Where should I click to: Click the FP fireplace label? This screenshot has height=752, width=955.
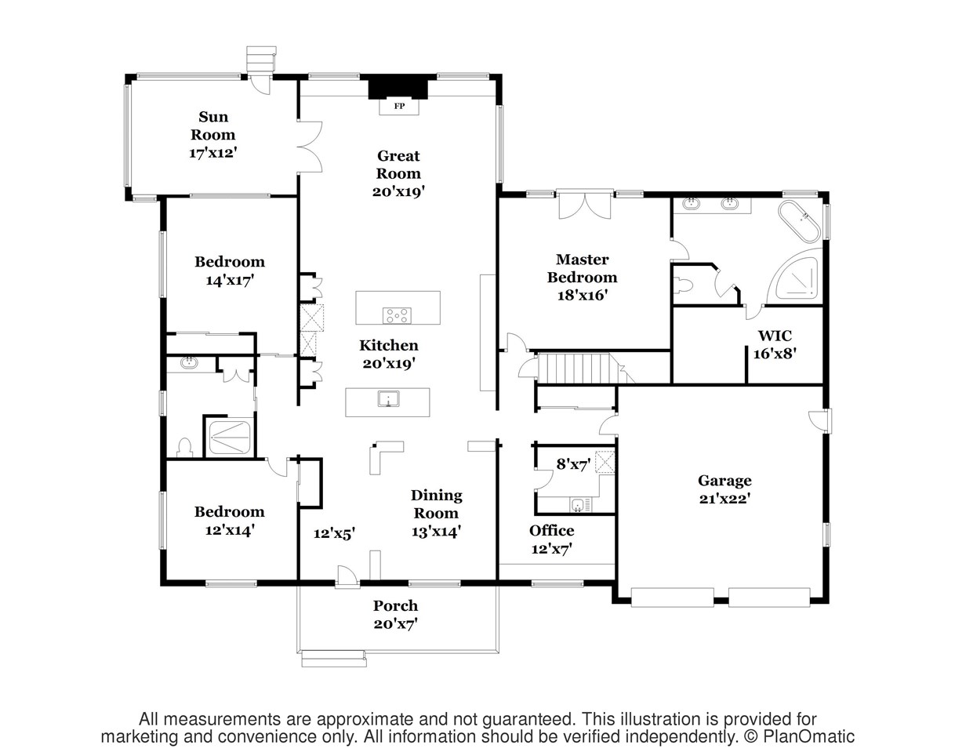click(399, 107)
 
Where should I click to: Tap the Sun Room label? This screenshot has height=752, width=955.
click(213, 125)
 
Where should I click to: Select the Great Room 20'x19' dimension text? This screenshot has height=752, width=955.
click(398, 192)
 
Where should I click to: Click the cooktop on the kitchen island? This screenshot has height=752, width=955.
click(397, 316)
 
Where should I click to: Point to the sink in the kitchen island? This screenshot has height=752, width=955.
click(388, 398)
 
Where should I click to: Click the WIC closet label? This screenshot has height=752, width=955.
click(775, 336)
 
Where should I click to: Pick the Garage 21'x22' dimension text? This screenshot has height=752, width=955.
click(724, 499)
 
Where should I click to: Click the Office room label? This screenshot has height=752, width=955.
click(552, 531)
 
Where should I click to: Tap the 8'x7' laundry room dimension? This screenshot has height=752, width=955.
click(573, 465)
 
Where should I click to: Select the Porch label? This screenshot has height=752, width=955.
click(395, 606)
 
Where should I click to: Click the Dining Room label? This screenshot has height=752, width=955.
click(436, 504)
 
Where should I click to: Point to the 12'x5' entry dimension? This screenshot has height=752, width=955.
click(334, 533)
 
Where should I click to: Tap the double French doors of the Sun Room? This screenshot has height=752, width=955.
click(310, 147)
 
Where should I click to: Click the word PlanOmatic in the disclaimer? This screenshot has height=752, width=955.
click(808, 736)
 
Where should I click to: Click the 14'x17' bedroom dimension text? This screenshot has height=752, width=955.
click(230, 281)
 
